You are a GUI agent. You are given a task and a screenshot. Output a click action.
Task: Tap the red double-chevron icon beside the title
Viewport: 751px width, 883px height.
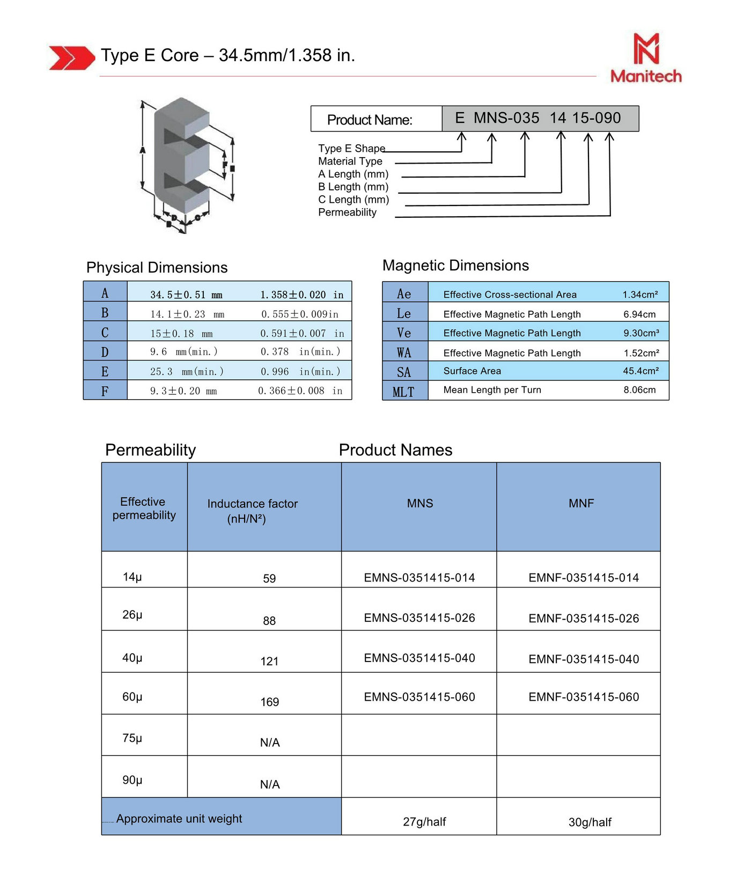pyautogui.click(x=71, y=57)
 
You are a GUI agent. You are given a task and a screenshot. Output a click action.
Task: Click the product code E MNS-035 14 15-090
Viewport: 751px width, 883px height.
pyautogui.click(x=538, y=118)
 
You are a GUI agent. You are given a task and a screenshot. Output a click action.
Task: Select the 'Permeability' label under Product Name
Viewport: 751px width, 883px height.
pyautogui.click(x=347, y=212)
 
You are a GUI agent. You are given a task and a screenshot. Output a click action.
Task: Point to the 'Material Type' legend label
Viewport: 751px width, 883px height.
pyautogui.click(x=350, y=161)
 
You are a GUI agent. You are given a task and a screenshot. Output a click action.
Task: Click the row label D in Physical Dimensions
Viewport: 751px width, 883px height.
pyautogui.click(x=105, y=352)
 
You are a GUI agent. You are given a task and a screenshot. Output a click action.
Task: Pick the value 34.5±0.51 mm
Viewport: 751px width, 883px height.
pyautogui.click(x=186, y=295)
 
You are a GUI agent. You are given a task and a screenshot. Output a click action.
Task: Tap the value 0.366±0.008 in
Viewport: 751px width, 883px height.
pyautogui.click(x=300, y=391)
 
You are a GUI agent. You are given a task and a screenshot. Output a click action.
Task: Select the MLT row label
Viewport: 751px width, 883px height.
pyautogui.click(x=404, y=392)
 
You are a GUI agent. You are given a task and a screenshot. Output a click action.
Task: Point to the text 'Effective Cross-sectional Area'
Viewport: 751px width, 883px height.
pyautogui.click(x=510, y=295)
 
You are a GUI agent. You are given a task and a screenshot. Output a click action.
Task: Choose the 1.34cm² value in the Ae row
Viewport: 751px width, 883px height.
pyautogui.click(x=640, y=295)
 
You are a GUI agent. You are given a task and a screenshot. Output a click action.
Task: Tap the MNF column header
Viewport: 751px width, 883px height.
pyautogui.click(x=581, y=503)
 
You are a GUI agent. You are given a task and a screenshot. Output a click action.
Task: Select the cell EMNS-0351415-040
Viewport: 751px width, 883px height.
pyautogui.click(x=419, y=658)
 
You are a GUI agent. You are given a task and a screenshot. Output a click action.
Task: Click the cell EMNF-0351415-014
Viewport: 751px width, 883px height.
pyautogui.click(x=584, y=578)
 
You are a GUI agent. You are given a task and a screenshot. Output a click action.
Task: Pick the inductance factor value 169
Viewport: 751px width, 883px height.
pyautogui.click(x=269, y=702)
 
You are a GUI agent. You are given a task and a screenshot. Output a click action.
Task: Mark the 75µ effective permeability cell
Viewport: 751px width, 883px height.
pyautogui.click(x=132, y=738)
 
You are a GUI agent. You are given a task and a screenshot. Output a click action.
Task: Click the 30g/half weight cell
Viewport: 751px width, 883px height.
pyautogui.click(x=590, y=822)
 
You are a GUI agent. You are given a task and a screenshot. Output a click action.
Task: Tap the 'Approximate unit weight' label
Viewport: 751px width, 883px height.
pyautogui.click(x=179, y=819)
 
